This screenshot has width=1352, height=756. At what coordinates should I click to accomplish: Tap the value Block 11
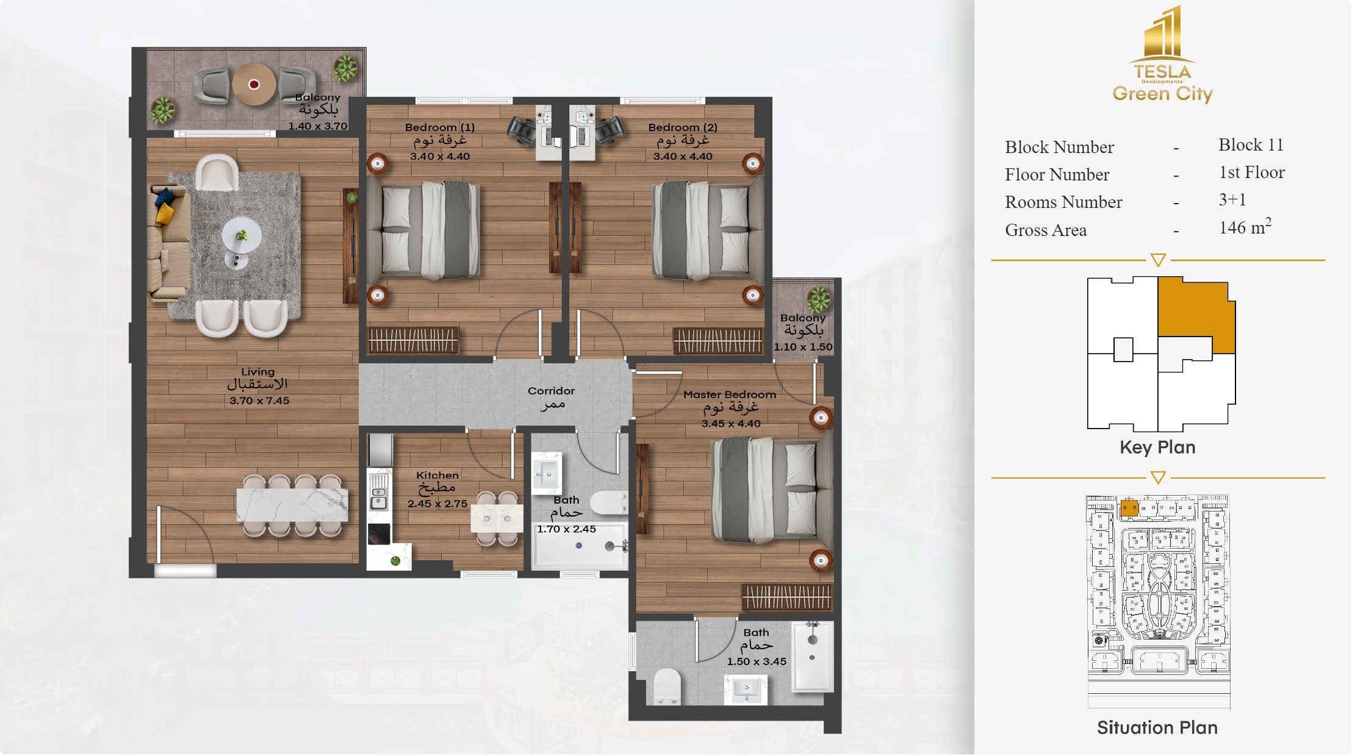[x=1251, y=144]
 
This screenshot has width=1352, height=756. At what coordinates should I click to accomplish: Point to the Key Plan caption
[x=1157, y=447]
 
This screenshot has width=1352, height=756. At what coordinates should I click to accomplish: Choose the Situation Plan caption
[x=1157, y=727]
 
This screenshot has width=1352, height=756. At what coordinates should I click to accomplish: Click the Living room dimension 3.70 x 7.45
[x=259, y=401]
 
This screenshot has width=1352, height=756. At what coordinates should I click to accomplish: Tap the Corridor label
[x=551, y=391]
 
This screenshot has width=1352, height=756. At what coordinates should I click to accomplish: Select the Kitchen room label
[x=437, y=475]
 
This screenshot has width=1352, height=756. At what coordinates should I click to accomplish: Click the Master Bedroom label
[x=730, y=394]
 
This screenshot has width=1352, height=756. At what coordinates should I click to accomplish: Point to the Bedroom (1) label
[x=439, y=127]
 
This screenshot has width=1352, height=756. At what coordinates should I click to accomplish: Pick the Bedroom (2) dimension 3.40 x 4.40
[x=683, y=156]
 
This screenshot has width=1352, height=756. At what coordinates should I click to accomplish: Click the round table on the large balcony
[x=254, y=84]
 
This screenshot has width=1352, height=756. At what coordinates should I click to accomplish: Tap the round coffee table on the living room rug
[x=242, y=235]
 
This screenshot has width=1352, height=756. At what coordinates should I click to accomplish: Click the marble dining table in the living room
[x=292, y=505]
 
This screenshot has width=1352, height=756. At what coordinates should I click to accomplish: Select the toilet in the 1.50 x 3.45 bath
[x=666, y=686]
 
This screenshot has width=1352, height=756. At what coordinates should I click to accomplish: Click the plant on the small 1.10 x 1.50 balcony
[x=818, y=299]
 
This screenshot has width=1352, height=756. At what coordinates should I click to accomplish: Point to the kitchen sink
[x=379, y=491]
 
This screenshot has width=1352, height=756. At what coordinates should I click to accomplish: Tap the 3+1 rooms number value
[x=1232, y=199]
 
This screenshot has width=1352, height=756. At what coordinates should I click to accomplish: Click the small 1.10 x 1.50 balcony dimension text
[x=803, y=347]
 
